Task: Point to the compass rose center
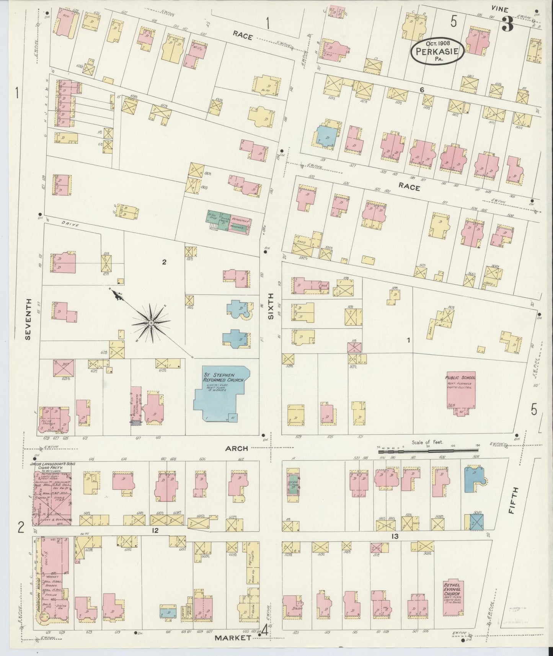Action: pos(152,323)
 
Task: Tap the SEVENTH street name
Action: pos(27,319)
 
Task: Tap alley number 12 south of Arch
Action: pos(155,530)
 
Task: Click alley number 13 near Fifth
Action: pos(395,537)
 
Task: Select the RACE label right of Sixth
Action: pos(409,188)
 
